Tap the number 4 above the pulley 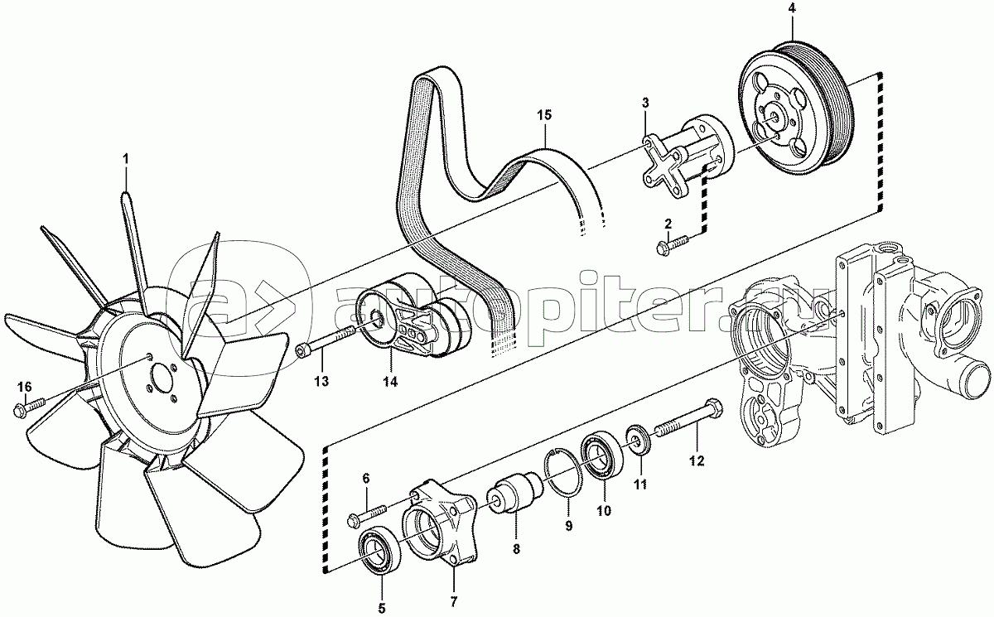point(791,9)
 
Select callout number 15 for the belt point(543,115)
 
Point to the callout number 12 point(697,460)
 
